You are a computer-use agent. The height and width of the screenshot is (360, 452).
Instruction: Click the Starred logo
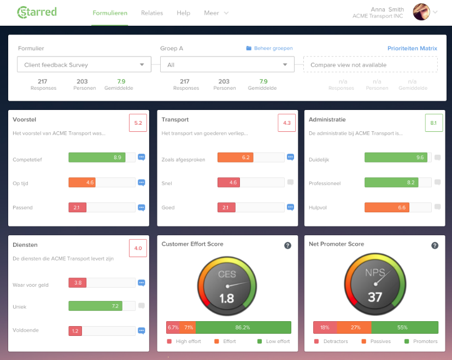pyautogui.click(x=37, y=12)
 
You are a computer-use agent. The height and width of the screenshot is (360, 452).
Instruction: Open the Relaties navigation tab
pyautogui.click(x=152, y=13)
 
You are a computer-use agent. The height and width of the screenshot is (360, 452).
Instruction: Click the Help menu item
pyautogui.click(x=184, y=13)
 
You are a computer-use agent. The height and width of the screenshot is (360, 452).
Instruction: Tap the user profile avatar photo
pyautogui.click(x=421, y=11)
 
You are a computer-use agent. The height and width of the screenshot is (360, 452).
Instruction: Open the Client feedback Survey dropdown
pyautogui.click(x=84, y=65)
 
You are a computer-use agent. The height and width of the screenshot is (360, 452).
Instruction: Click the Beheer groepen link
pyautogui.click(x=269, y=48)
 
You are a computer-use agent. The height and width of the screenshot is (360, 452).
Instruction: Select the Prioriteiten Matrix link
pyautogui.click(x=412, y=48)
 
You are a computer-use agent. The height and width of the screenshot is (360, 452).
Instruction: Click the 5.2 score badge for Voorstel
pyautogui.click(x=138, y=123)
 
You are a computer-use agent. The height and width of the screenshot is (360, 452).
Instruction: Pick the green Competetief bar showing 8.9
pyautogui.click(x=97, y=158)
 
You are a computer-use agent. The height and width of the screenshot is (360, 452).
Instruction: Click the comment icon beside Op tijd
pyautogui.click(x=142, y=183)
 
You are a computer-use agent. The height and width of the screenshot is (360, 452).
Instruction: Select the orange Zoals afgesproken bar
pyautogui.click(x=236, y=158)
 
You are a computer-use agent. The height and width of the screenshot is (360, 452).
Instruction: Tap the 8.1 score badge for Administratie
pyautogui.click(x=433, y=123)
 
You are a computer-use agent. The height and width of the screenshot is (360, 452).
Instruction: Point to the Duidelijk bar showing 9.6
pyautogui.click(x=395, y=158)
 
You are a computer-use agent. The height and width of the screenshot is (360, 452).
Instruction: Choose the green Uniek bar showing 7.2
pyautogui.click(x=95, y=306)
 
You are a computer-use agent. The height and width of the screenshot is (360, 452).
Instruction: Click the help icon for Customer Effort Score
pyautogui.click(x=287, y=246)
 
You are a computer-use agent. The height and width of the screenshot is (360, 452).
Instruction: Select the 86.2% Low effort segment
pyautogui.click(x=243, y=327)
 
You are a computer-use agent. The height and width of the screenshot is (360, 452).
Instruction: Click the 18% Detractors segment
pyautogui.click(x=325, y=327)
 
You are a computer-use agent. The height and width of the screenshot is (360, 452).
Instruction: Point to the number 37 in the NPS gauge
pyautogui.click(x=374, y=298)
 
